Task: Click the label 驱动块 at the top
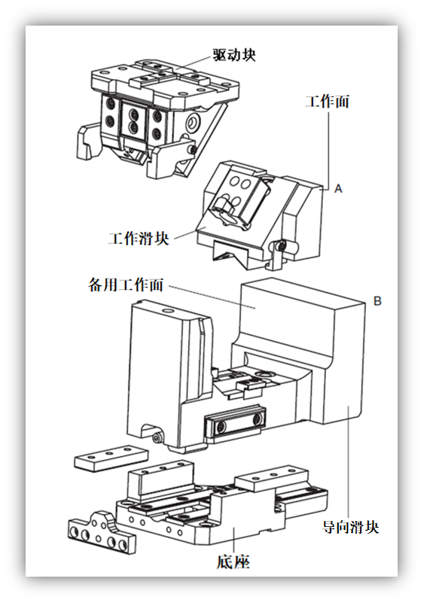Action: [x=234, y=55]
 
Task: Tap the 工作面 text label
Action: [x=327, y=102]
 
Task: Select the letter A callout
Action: [x=338, y=190]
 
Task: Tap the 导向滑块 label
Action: [x=350, y=527]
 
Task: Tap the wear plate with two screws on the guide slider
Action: [x=233, y=425]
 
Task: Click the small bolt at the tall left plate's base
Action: [x=157, y=436]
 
